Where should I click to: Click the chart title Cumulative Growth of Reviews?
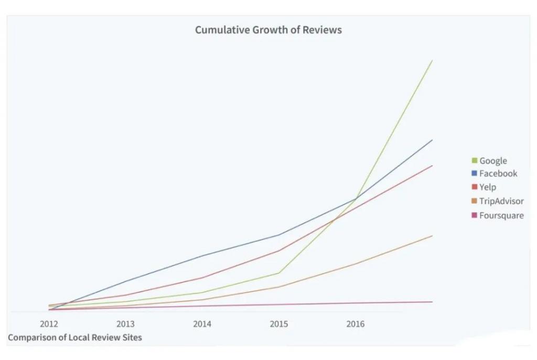pos(268,30)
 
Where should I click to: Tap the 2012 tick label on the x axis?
pos(49,324)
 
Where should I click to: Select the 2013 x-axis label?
pos(125,324)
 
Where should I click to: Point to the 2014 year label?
pos(202,324)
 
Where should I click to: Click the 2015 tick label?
pos(278,324)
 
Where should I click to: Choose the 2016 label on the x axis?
pos(355,324)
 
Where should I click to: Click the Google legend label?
pos(493,161)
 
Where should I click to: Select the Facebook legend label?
pos(498,173)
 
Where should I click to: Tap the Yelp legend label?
pos(487,187)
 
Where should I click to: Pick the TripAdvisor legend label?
pos(501,201)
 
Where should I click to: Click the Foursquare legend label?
pos(501,215)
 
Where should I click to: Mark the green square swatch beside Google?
pos(475,160)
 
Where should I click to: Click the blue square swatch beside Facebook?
pos(475,173)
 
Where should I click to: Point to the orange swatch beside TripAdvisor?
pos(475,201)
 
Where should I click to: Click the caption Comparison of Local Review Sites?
pos(74,337)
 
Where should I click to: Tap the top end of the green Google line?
pos(432,61)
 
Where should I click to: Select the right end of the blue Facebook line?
pos(432,140)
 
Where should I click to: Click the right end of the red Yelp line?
pos(432,166)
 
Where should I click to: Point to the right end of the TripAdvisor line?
pos(432,236)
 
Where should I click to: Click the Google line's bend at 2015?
pos(278,273)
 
